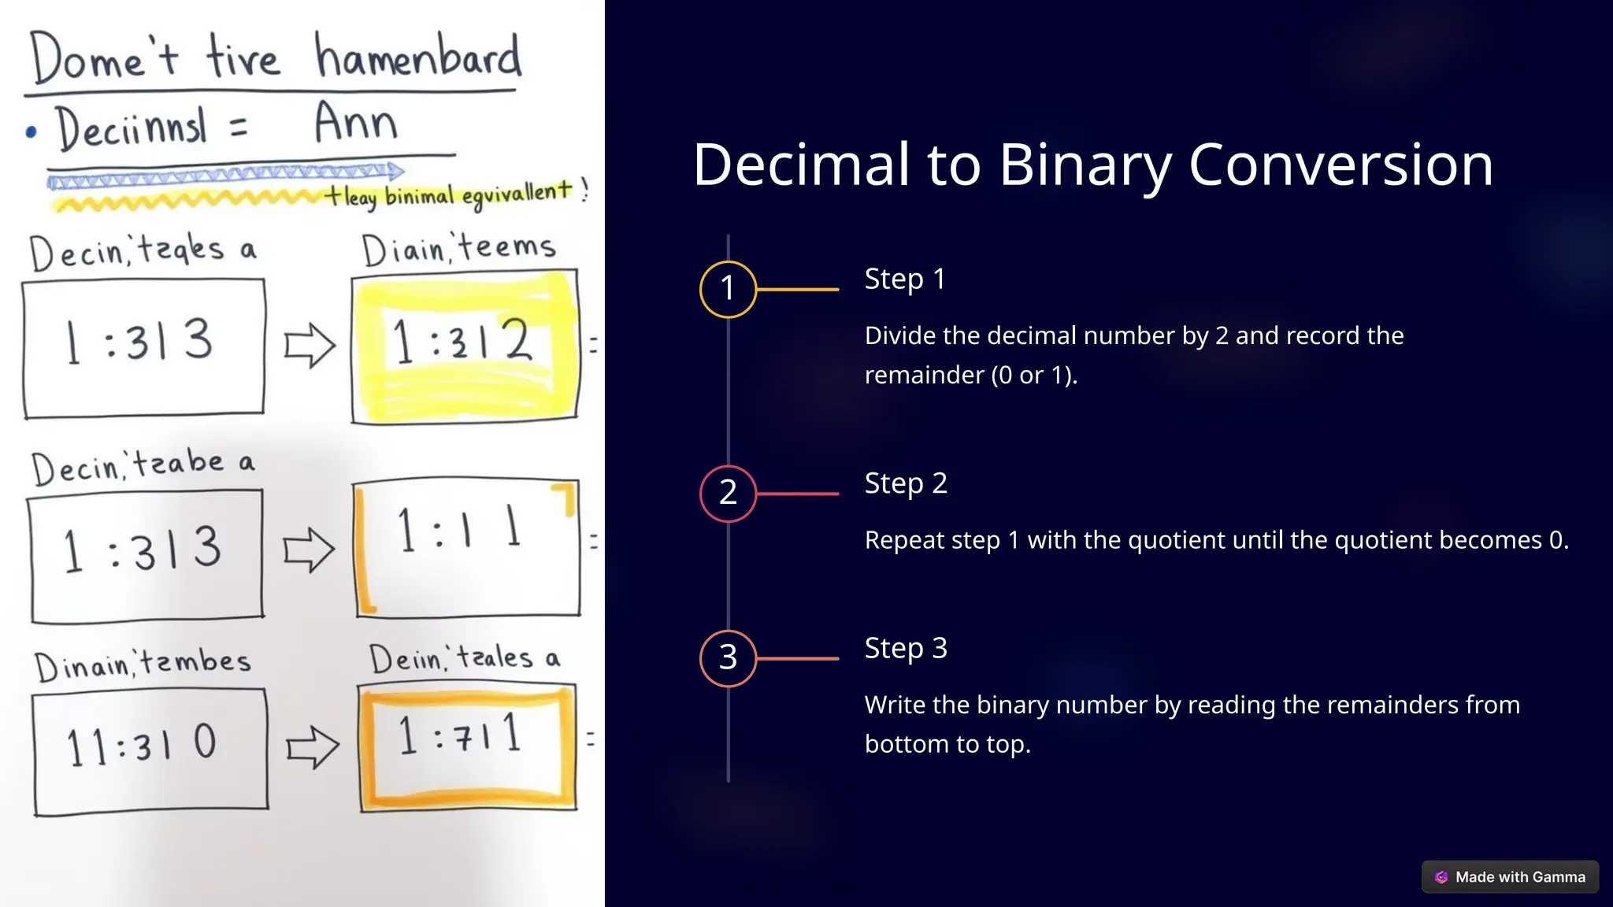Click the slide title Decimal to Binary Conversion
point(1092,165)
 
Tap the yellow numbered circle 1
point(728,289)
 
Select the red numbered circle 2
point(728,494)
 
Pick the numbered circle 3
point(728,658)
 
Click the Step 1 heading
point(904,279)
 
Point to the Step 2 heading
point(905,483)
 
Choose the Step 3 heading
point(905,648)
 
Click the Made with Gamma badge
point(1510,876)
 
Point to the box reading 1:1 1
point(467,546)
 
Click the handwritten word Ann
point(356,123)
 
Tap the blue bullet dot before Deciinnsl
point(31,131)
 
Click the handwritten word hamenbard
point(417,57)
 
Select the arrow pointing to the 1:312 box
point(310,345)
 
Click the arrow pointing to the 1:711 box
point(312,746)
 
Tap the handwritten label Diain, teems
point(458,249)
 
